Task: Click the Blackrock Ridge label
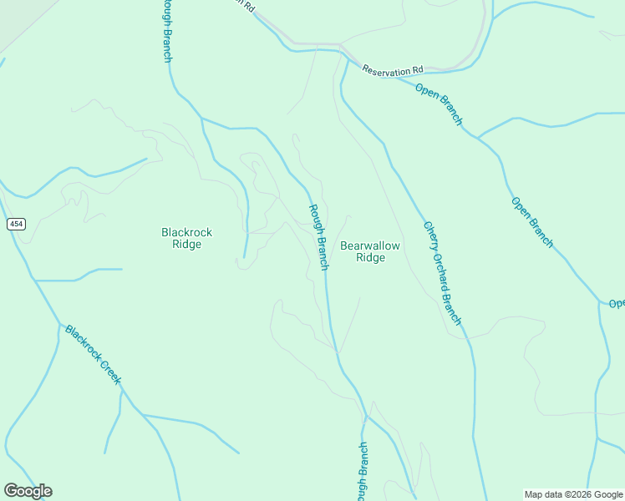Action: (x=181, y=238)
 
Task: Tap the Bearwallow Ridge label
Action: (x=370, y=251)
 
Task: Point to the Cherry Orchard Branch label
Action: (x=442, y=273)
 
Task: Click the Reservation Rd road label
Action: (x=393, y=70)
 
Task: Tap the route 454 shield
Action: (x=15, y=224)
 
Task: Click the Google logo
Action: (x=28, y=491)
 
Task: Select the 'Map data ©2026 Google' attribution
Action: (x=574, y=494)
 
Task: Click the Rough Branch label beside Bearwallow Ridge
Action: (x=318, y=237)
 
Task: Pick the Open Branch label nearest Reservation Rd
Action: (x=439, y=104)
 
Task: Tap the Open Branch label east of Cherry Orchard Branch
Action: (x=532, y=222)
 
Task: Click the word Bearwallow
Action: (x=370, y=245)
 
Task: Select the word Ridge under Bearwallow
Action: (x=370, y=258)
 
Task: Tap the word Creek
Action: (x=110, y=372)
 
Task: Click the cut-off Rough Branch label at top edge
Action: (x=166, y=30)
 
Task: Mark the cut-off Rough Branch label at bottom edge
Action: (x=363, y=472)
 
